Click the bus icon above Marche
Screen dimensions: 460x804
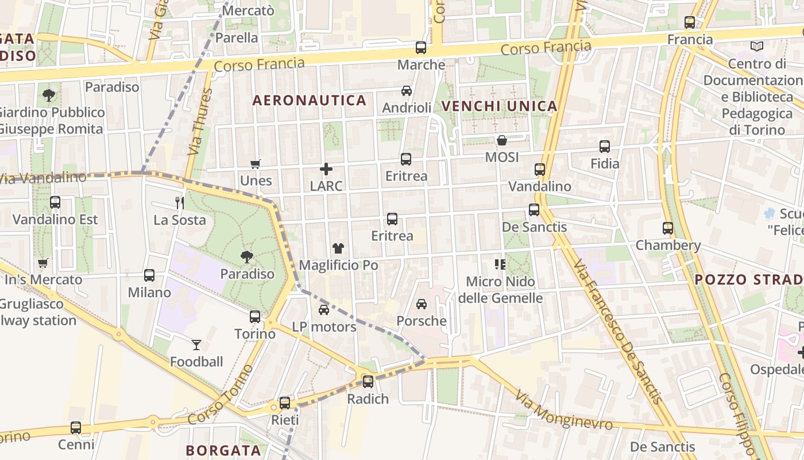421,48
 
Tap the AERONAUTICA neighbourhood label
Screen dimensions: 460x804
310,101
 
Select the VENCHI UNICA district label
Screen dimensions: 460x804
499,106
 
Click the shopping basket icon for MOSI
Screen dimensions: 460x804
501,140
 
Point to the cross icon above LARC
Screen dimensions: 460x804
326,169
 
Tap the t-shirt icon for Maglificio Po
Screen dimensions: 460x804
338,248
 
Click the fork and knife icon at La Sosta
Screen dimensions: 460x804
180,202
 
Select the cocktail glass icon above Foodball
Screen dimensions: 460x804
196,345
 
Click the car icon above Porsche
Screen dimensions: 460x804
422,304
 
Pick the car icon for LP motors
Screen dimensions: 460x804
324,310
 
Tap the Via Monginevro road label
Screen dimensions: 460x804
564,410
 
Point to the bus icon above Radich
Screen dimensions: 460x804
368,381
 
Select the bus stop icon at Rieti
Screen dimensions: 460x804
285,403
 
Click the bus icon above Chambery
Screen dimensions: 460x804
668,228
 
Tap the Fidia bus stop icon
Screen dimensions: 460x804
605,147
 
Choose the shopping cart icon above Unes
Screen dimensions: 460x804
256,164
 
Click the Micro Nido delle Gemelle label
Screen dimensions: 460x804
500,290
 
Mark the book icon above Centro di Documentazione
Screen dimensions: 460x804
757,46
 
